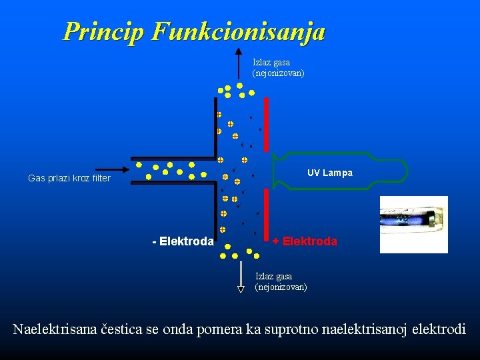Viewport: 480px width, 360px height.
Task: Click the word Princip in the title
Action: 103,31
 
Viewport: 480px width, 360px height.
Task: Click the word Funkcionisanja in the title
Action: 238,31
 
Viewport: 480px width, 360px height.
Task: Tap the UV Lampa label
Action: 330,173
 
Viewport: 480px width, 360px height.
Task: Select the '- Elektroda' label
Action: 183,241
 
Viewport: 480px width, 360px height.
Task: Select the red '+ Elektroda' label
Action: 305,241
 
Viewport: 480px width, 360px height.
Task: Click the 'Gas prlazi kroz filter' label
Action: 69,179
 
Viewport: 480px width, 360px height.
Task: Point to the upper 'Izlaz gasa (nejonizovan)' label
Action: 278,68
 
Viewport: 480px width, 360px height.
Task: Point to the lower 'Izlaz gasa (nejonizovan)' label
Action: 281,281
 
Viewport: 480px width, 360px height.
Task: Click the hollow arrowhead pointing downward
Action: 241,289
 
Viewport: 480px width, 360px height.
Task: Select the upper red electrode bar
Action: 266,125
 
